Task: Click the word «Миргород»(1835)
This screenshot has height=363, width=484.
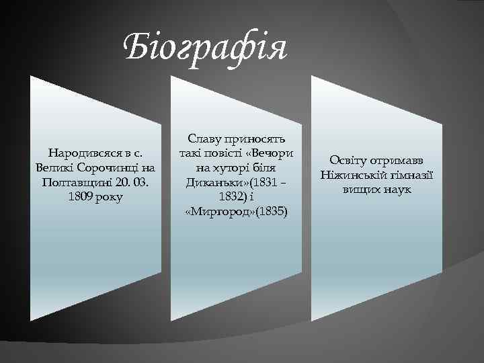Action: click(235, 212)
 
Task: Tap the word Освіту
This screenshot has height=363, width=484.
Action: click(349, 161)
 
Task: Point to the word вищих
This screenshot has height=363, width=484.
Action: click(360, 190)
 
